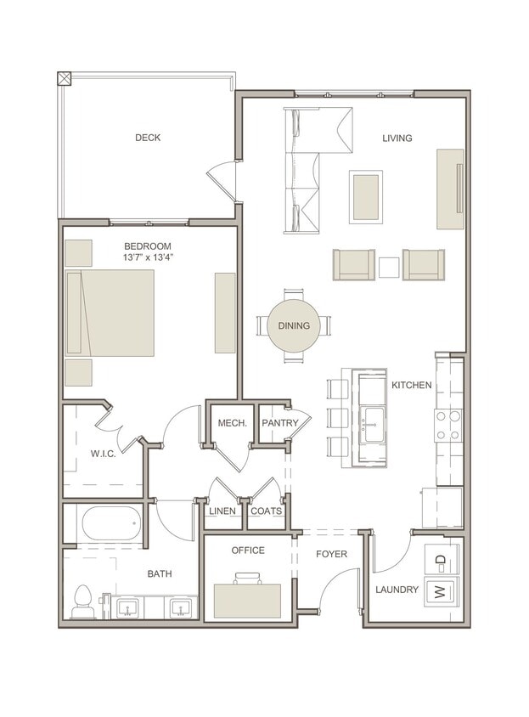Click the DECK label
click(148, 138)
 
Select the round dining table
click(294, 325)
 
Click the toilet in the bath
click(83, 601)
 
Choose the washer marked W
click(441, 592)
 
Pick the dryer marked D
click(441, 559)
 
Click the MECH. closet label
click(232, 422)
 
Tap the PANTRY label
click(279, 422)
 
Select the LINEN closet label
click(222, 511)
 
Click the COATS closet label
click(266, 511)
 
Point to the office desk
click(247, 601)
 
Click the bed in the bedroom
click(110, 313)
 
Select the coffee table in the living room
click(366, 196)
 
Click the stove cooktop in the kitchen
click(449, 425)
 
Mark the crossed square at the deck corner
click(65, 79)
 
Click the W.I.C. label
click(104, 454)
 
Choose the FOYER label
click(331, 554)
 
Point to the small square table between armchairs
click(389, 267)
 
